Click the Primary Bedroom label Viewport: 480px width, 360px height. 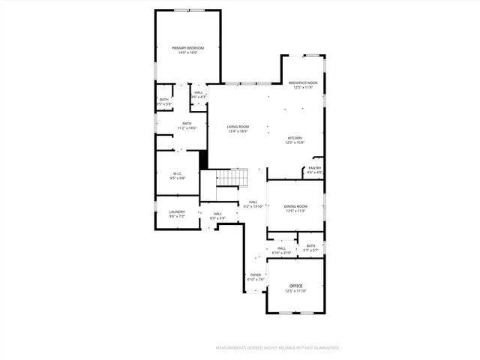pos(187,48)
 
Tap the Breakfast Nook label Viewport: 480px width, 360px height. pos(303,82)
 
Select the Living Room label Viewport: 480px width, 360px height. pos(238,127)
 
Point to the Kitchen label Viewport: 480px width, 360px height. pos(295,138)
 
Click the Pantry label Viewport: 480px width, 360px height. pos(315,168)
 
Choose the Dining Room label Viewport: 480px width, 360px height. pos(296,206)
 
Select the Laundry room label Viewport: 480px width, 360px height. pos(176,211)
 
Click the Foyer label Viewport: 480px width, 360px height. pos(256,275)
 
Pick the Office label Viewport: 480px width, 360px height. pos(296,286)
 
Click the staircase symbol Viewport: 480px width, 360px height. pos(232,178)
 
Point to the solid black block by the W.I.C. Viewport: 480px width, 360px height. pos(202,160)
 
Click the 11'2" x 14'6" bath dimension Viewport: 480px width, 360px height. pos(186,128)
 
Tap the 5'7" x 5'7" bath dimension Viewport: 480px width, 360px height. pos(310,250)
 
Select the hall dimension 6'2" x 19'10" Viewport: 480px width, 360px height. pos(253,206)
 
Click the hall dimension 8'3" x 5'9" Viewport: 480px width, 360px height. pos(217,218)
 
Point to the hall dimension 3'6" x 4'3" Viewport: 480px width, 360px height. pos(198,97)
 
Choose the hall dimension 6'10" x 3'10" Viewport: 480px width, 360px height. pos(281,253)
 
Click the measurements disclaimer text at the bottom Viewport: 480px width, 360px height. pos(277,348)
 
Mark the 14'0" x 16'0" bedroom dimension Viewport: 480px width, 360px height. pos(187,52)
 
